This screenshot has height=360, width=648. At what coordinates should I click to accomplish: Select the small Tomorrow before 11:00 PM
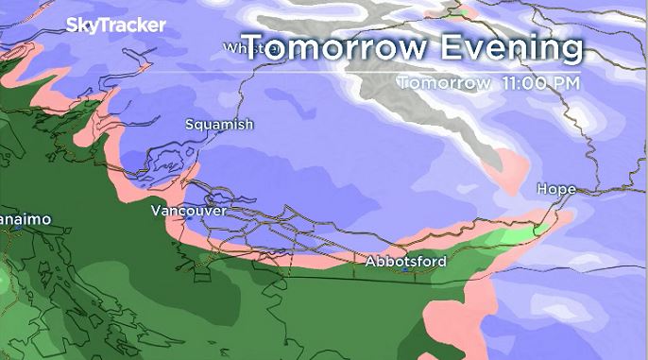pyautogui.click(x=442, y=82)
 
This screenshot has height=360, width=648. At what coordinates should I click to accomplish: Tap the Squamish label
pyautogui.click(x=219, y=124)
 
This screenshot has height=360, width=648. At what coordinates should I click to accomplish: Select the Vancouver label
pyautogui.click(x=188, y=211)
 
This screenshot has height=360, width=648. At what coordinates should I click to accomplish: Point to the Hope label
pyautogui.click(x=555, y=190)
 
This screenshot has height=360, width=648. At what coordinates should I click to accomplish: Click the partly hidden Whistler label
pyautogui.click(x=238, y=47)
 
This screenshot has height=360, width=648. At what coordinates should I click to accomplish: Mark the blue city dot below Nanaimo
pyautogui.click(x=17, y=228)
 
